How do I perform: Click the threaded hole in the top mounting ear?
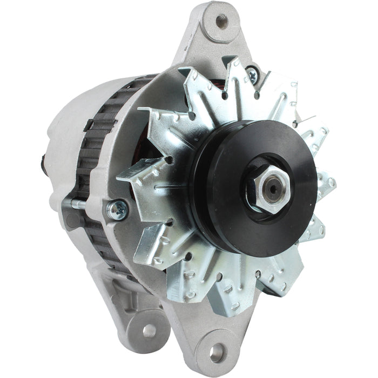coord(221,21)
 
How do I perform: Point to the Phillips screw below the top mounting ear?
coord(252,74)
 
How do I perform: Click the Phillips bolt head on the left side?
coord(117,209)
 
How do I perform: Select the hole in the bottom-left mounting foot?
coord(148,330)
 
